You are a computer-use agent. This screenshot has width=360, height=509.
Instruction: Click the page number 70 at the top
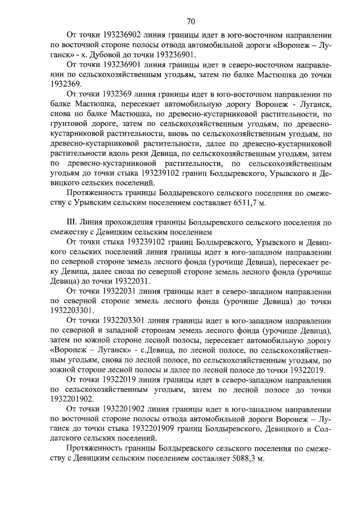coord(191,22)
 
